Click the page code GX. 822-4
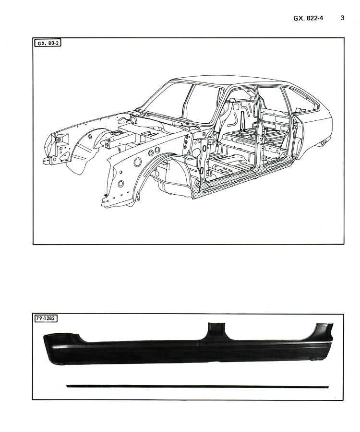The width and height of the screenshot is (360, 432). pyautogui.click(x=308, y=18)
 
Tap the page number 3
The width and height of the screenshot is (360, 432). pyautogui.click(x=342, y=18)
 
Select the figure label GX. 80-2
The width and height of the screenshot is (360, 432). pyautogui.click(x=48, y=43)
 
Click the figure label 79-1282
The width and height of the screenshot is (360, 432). pyautogui.click(x=46, y=318)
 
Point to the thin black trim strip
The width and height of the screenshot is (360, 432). pyautogui.click(x=197, y=386)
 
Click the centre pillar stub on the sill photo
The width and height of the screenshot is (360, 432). pyautogui.click(x=216, y=331)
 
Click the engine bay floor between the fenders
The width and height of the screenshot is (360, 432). pyautogui.click(x=138, y=135)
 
